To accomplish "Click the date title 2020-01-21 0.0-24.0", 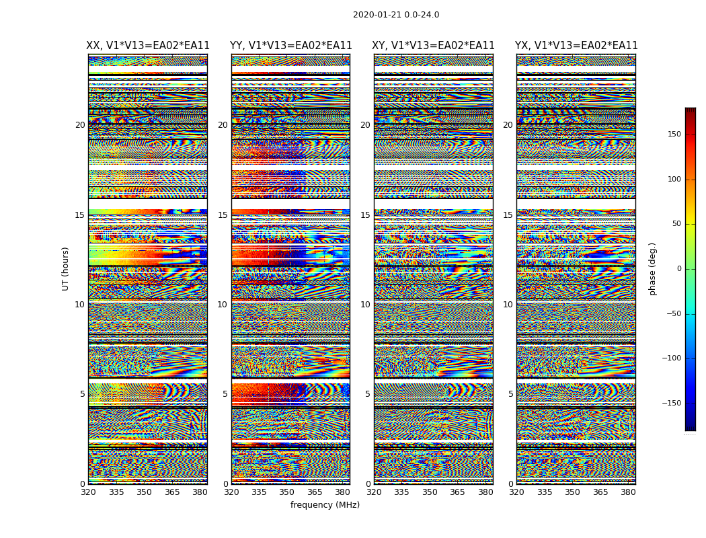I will coord(396,15).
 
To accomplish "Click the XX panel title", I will coord(148,46).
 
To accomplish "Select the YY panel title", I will coord(291,46).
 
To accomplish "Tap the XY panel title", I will coord(434,46).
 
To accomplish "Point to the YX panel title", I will coord(576,46).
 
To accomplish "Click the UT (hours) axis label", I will coord(66,268).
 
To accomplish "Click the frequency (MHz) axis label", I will coord(325,505).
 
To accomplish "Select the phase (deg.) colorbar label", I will coord(653,269).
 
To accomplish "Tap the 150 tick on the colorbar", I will coord(674,134).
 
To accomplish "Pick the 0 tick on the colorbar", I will coord(678,269).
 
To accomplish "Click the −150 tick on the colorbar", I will coord(672,403).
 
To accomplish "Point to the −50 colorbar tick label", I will coord(673,314).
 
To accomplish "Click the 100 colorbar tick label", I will coord(674,180).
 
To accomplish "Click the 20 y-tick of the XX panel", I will coord(80,125).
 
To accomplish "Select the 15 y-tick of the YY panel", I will coord(223,215).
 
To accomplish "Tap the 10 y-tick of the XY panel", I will coord(365,305).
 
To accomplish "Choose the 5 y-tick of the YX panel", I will coord(510,394).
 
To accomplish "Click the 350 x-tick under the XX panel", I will coord(144,492).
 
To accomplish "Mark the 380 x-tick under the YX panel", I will coord(628,492).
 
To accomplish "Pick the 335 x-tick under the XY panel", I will coord(401,492).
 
